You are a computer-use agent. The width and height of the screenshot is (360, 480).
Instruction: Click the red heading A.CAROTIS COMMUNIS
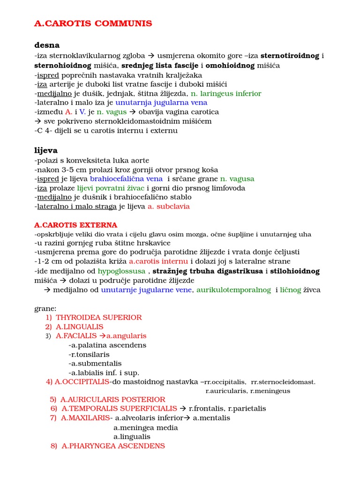click(x=93, y=23)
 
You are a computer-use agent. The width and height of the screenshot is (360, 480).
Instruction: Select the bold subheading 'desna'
click(x=47, y=45)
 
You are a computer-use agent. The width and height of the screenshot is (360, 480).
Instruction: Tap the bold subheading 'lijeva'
click(x=46, y=150)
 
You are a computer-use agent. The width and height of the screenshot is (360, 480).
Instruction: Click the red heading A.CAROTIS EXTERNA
click(x=76, y=225)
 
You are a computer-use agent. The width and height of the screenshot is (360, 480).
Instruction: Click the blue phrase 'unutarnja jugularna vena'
click(x=161, y=102)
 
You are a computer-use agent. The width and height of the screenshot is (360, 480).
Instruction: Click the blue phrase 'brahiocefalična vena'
click(x=126, y=179)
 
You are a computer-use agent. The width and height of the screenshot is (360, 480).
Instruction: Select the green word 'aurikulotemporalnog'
click(x=233, y=290)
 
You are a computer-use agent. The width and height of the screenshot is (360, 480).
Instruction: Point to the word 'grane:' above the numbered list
click(x=45, y=308)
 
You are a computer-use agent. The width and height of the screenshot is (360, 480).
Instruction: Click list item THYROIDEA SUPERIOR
click(x=99, y=317)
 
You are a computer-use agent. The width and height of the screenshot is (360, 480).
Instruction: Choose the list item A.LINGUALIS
click(x=80, y=327)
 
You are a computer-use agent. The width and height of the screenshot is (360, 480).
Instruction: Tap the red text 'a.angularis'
click(x=126, y=336)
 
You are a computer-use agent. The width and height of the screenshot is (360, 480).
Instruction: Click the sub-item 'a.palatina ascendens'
click(x=107, y=345)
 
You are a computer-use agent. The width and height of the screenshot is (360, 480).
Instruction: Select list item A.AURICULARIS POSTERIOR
click(x=112, y=399)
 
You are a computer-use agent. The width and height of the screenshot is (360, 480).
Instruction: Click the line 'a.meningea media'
click(x=146, y=427)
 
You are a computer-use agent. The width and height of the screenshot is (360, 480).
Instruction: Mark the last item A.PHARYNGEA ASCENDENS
click(x=113, y=446)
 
